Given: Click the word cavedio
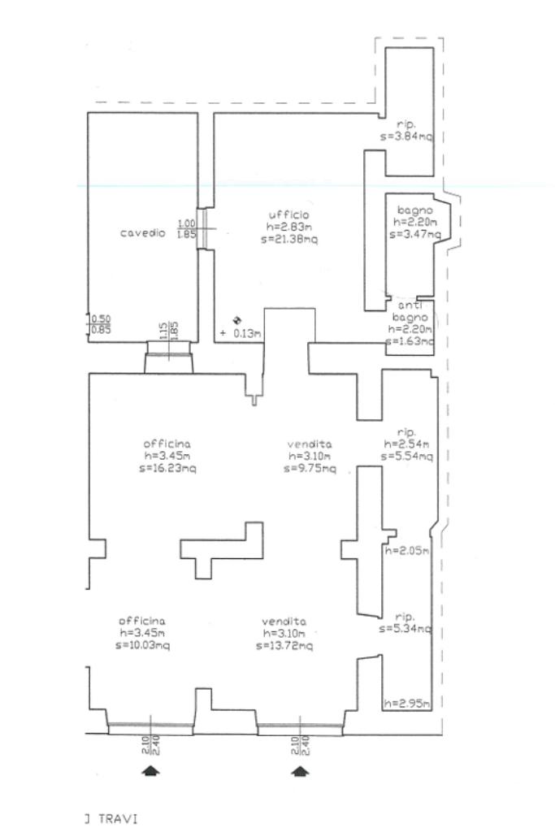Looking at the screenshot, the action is (x=143, y=233).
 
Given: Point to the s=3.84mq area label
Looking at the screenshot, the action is (x=406, y=137).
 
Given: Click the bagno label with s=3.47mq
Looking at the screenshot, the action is (x=414, y=210).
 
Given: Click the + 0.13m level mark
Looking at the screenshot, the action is (x=241, y=333).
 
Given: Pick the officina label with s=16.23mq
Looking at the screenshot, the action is (x=167, y=444).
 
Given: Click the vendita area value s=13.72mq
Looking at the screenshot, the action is (x=284, y=646).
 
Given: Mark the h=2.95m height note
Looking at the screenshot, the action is (x=407, y=703).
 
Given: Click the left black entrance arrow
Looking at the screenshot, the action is (x=150, y=770).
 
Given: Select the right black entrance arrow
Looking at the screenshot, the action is (x=301, y=770).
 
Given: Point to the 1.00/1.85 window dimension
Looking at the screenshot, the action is (x=187, y=229).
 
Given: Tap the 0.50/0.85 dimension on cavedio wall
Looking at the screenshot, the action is (x=101, y=324).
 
